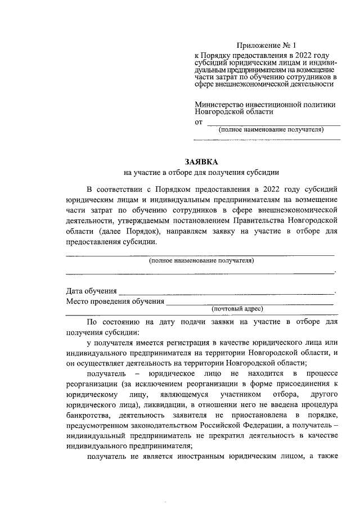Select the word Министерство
click(218, 104)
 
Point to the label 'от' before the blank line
click(198, 121)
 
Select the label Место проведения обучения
click(115, 301)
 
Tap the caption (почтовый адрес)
click(237, 309)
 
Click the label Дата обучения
click(91, 291)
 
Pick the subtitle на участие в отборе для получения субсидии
click(201, 173)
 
